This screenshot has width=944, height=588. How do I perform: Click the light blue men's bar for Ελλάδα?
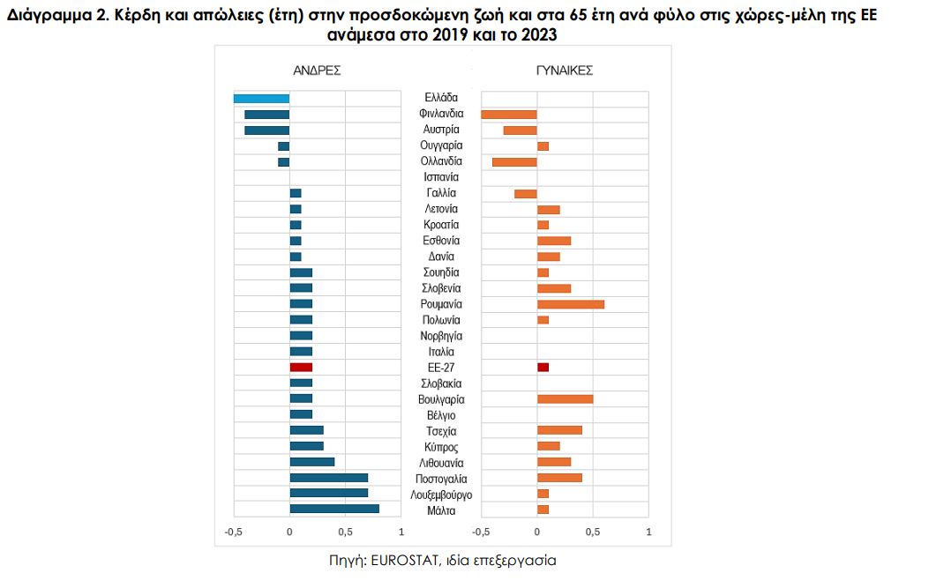click(x=261, y=99)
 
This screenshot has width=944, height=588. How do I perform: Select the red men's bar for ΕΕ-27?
click(x=301, y=367)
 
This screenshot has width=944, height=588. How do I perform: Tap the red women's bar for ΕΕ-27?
click(x=543, y=367)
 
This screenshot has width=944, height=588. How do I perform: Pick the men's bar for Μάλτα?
click(x=334, y=509)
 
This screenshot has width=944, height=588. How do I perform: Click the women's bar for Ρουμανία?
click(x=571, y=304)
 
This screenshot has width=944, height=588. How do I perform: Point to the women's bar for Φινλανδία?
click(x=509, y=115)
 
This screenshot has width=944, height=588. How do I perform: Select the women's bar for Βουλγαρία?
click(x=565, y=399)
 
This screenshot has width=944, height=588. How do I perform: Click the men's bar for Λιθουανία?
click(x=312, y=462)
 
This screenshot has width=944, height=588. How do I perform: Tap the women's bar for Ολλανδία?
click(x=514, y=162)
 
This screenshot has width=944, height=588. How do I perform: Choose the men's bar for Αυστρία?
click(x=267, y=130)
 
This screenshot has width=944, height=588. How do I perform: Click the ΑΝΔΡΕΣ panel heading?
click(x=317, y=70)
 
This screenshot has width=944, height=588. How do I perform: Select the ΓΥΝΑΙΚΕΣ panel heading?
click(x=565, y=70)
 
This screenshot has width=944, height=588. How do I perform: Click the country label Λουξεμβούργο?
click(x=441, y=495)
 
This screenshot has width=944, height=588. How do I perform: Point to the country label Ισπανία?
click(x=441, y=177)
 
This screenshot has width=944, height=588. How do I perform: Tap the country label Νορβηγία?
click(x=441, y=336)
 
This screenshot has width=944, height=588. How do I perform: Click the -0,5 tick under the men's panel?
click(x=234, y=532)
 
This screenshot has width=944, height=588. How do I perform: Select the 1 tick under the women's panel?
click(x=648, y=532)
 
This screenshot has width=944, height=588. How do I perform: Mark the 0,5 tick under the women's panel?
click(x=593, y=532)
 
